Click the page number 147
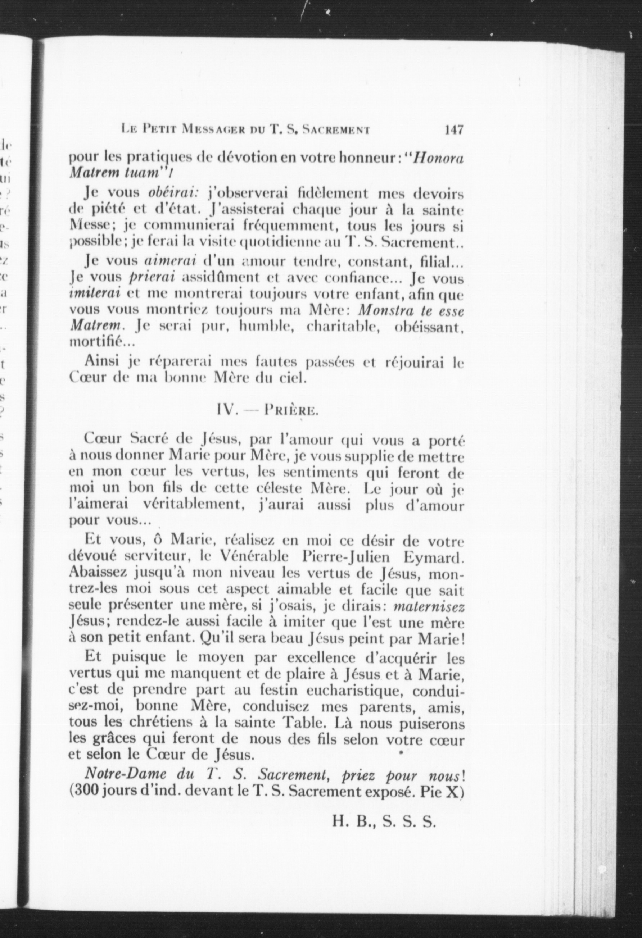click(453, 130)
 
